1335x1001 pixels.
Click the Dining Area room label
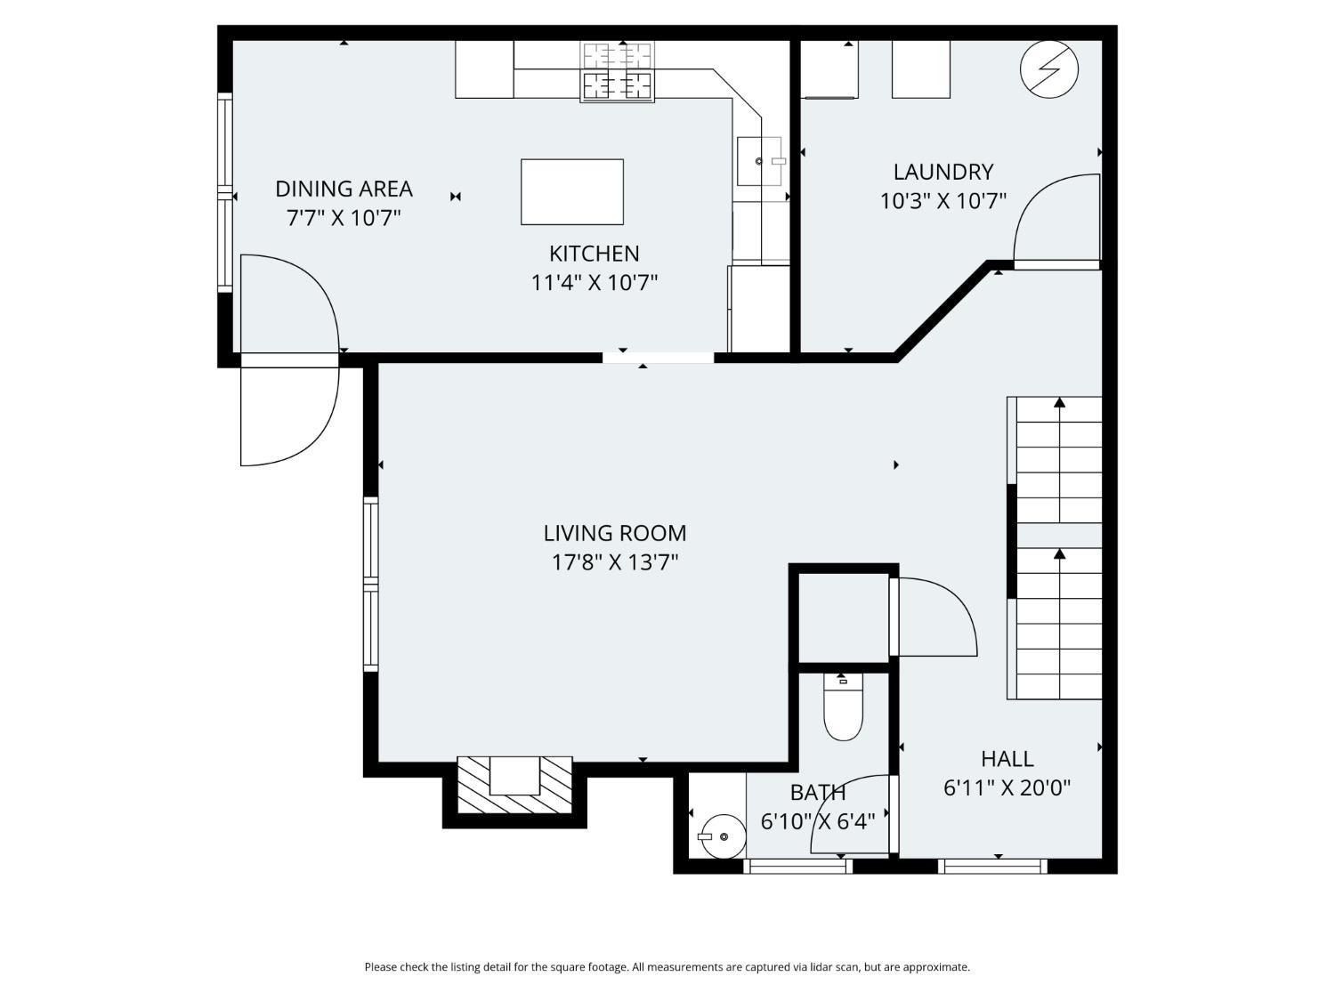[344, 189]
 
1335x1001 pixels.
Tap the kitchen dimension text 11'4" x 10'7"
[594, 283]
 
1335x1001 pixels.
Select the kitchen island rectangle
[571, 192]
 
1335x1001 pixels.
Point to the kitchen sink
[760, 161]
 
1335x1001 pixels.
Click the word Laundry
[943, 172]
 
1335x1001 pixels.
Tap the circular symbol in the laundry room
[1048, 69]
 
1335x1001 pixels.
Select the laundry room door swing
[1055, 218]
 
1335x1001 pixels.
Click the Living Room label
[614, 533]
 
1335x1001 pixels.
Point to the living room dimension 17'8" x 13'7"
[614, 562]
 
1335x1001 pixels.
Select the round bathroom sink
[721, 836]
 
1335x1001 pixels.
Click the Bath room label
[817, 792]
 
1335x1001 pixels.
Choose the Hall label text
[1007, 759]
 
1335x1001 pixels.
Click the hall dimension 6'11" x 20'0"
[1007, 787]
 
